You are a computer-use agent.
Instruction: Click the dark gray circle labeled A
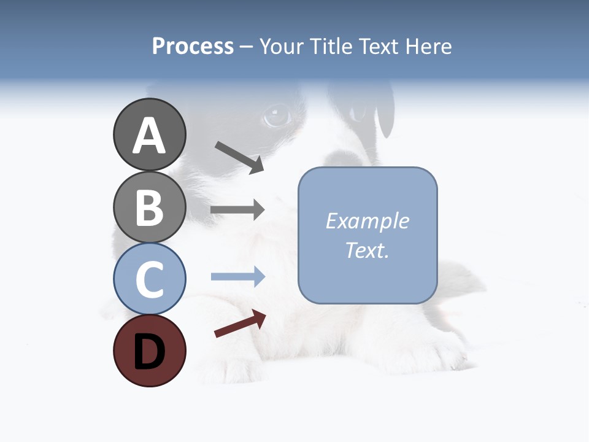(x=149, y=135)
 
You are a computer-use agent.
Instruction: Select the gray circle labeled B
(x=149, y=207)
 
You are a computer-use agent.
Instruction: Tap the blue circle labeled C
(x=149, y=279)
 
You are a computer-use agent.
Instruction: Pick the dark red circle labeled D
(x=149, y=351)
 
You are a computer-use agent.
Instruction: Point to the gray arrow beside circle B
(x=237, y=210)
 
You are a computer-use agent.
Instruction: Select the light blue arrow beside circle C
(x=237, y=277)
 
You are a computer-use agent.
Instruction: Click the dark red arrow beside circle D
(x=240, y=324)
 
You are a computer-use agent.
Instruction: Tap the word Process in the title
(x=193, y=46)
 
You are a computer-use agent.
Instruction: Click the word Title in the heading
(x=331, y=46)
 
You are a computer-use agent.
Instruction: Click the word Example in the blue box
(x=367, y=221)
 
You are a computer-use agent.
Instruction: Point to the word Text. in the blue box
(x=367, y=250)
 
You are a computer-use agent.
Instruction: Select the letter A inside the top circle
(x=149, y=136)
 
